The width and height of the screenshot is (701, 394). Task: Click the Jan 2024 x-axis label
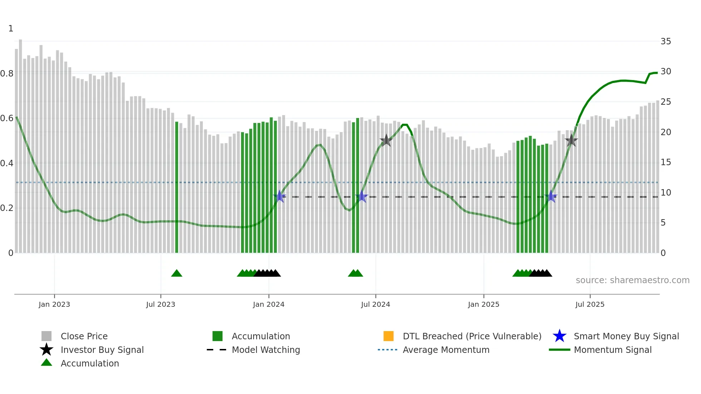pyautogui.click(x=268, y=305)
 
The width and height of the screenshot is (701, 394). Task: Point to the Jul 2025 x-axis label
pyautogui.click(x=589, y=305)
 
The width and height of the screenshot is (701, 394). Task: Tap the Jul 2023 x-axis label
pyautogui.click(x=161, y=305)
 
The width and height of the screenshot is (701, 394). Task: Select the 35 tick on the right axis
pyautogui.click(x=666, y=41)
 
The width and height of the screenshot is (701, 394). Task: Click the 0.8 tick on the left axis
pyautogui.click(x=7, y=74)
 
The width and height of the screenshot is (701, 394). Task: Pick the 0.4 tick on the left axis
pyautogui.click(x=7, y=163)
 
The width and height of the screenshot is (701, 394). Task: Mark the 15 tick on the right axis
pyautogui.click(x=666, y=162)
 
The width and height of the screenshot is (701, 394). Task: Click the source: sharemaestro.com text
pyautogui.click(x=632, y=280)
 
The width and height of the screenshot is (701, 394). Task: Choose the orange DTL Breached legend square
pyautogui.click(x=388, y=336)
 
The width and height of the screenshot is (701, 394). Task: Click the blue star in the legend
pyautogui.click(x=559, y=336)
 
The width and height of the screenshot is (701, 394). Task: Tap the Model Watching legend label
pyautogui.click(x=266, y=350)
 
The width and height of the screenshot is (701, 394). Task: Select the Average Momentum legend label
pyautogui.click(x=446, y=350)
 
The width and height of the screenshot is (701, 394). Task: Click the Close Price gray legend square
pyautogui.click(x=46, y=336)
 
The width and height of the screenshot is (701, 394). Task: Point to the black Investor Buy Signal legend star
pyautogui.click(x=46, y=350)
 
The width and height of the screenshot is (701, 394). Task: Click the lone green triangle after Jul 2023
pyautogui.click(x=177, y=274)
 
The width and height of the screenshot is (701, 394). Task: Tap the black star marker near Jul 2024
pyautogui.click(x=386, y=141)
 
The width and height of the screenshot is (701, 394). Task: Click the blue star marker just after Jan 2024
pyautogui.click(x=280, y=196)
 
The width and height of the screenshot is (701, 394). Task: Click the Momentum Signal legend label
pyautogui.click(x=613, y=350)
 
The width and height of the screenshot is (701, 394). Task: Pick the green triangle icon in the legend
pyautogui.click(x=46, y=363)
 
